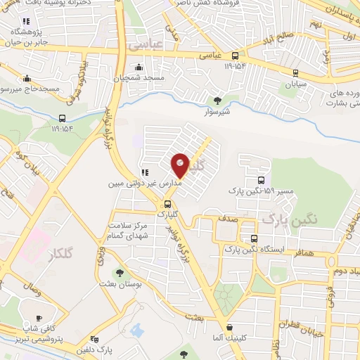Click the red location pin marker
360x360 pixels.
tap(181, 165)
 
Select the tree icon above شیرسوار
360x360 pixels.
tap(217, 100)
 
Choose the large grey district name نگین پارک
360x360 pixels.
tap(290, 219)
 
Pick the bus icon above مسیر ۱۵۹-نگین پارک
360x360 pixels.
tap(262, 180)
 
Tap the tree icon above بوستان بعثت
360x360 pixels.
tap(120, 273)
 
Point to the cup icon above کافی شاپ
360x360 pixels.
tap(38, 318)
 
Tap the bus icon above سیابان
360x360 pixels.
tap(297, 73)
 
